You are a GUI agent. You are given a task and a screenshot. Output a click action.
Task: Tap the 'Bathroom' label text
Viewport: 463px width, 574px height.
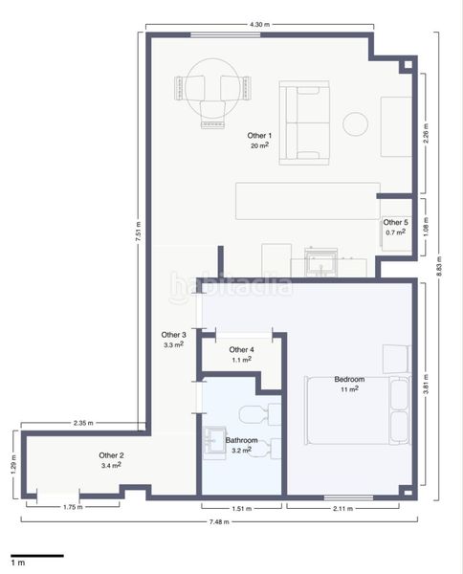241,441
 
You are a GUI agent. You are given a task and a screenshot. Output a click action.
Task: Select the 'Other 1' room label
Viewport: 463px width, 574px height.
259,135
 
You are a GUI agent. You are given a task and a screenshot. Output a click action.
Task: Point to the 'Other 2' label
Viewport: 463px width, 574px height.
111,455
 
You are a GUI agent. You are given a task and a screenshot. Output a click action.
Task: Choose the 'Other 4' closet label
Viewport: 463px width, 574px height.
241,350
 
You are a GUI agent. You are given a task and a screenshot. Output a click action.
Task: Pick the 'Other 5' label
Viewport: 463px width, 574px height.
395,222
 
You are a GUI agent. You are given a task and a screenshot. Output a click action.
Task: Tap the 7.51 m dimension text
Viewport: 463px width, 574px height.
138,231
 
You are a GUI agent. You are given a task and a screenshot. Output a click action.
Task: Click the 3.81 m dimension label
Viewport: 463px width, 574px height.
426,386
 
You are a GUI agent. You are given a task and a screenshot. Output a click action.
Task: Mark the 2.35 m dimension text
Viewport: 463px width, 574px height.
83,423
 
